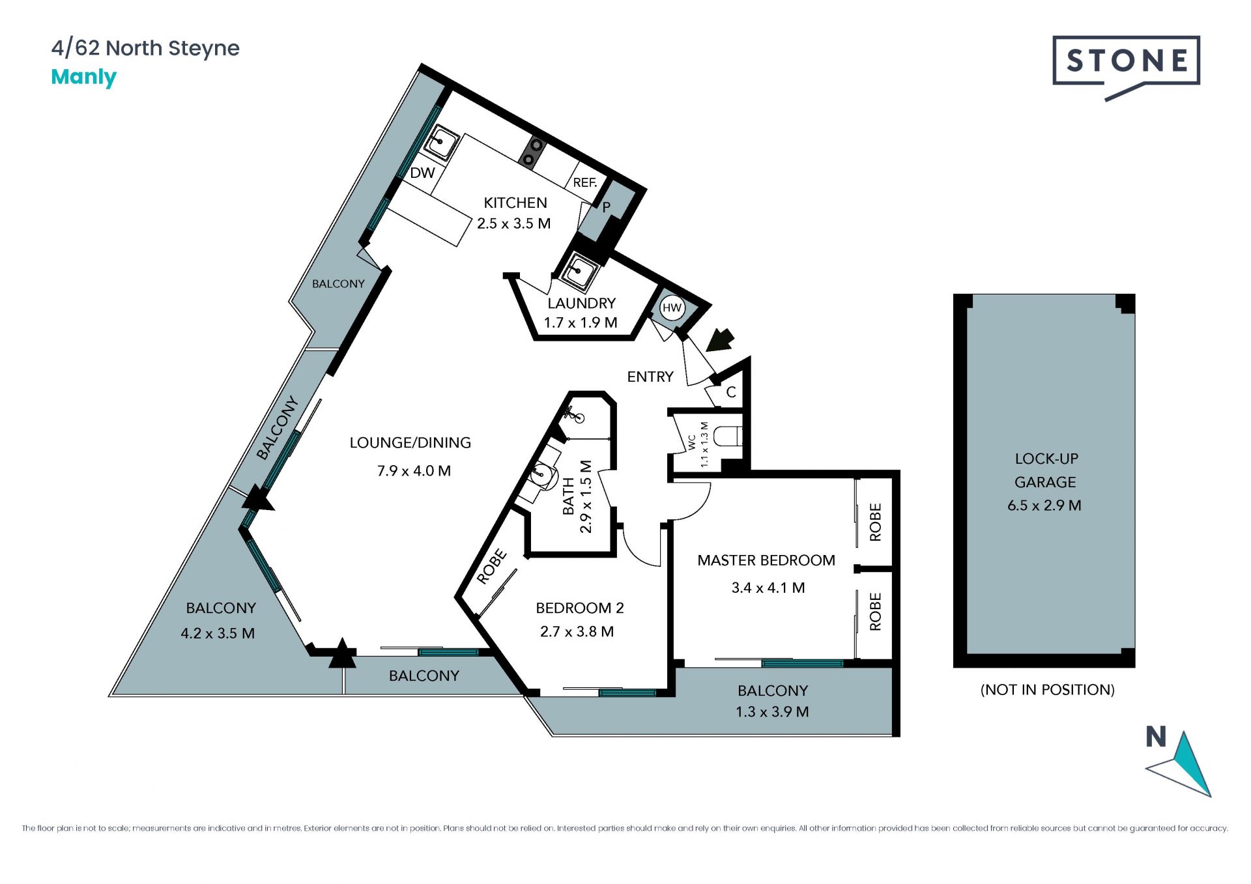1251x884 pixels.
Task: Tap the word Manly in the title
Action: click(83, 77)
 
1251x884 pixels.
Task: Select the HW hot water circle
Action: click(672, 307)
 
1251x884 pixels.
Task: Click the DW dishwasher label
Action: click(422, 173)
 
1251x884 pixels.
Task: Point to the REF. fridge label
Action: click(585, 183)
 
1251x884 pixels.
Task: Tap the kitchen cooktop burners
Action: click(532, 152)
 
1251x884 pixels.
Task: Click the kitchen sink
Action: click(442, 142)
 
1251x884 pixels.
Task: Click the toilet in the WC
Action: click(728, 436)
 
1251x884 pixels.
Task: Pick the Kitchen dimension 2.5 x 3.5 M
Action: click(513, 223)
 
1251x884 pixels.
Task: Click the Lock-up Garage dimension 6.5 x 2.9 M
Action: click(1044, 506)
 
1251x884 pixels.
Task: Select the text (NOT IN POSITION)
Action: click(1048, 690)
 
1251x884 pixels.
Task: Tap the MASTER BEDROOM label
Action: click(766, 560)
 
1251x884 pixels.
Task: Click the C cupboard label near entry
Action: click(731, 392)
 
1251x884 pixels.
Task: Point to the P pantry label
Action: click(607, 207)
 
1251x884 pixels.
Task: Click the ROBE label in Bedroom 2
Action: click(492, 566)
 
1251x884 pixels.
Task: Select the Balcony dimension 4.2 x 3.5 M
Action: click(218, 633)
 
